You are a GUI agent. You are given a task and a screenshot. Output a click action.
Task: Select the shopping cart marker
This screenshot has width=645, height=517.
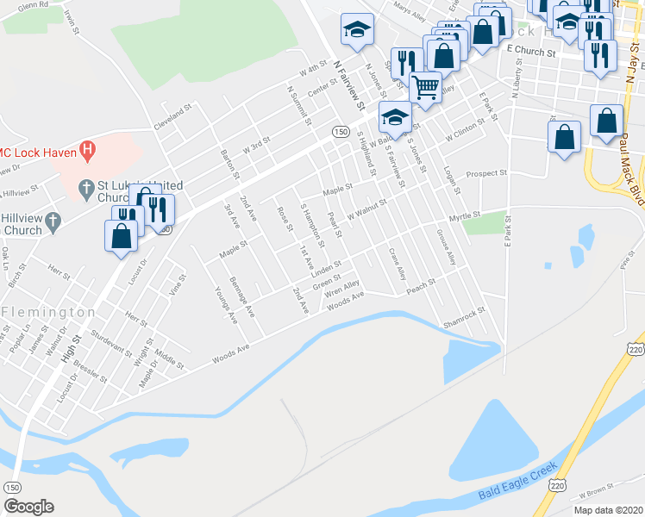425,85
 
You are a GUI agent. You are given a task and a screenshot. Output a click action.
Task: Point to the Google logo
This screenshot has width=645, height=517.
28,507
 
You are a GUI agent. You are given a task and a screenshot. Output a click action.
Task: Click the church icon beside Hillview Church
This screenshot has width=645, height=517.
53,221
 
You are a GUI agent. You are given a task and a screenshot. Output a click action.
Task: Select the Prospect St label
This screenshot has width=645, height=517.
486,174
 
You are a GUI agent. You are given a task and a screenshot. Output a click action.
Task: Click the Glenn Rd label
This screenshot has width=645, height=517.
33,6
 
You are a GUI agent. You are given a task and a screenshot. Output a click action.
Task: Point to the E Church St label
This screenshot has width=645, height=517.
531,52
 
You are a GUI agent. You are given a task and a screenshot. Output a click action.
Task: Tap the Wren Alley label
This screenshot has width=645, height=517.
341,287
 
